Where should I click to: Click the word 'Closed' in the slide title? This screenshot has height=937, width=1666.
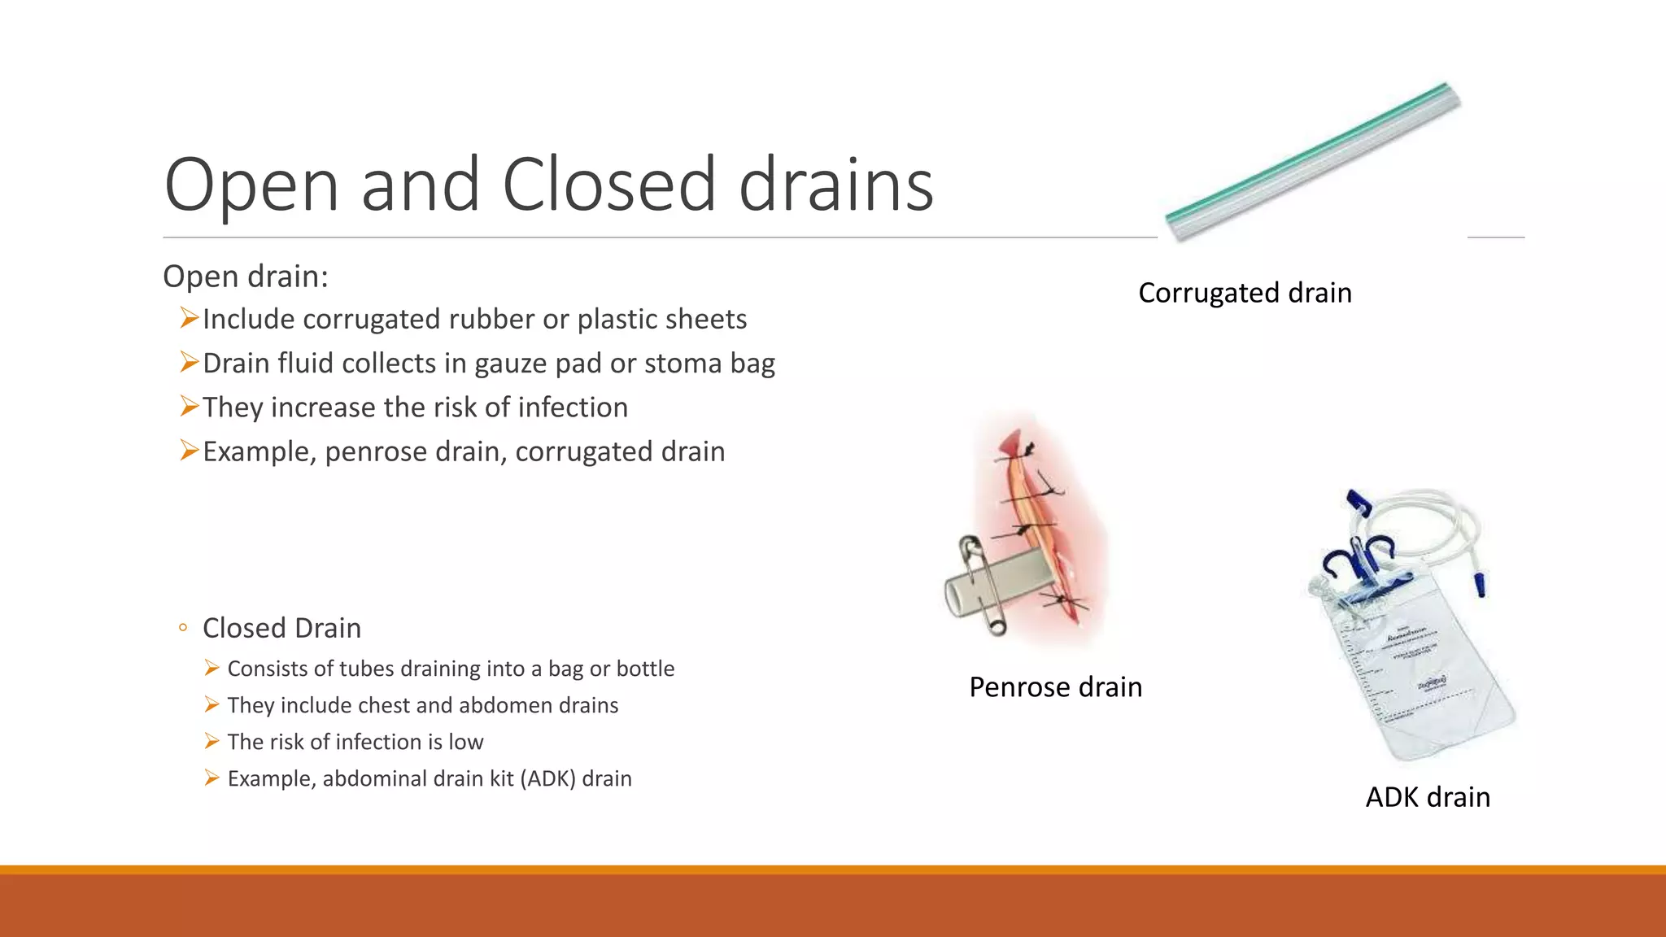(x=608, y=185)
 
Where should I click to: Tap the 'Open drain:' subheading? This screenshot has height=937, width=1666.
(x=246, y=277)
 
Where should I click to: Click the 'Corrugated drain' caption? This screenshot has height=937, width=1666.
(x=1245, y=293)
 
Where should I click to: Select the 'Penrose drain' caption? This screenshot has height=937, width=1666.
(x=1055, y=687)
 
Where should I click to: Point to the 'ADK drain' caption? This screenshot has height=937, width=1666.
(x=1428, y=797)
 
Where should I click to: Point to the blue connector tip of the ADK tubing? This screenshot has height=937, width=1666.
(x=1481, y=583)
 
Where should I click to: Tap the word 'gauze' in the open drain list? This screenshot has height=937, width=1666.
(x=510, y=364)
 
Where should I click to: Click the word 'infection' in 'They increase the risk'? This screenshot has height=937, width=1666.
(x=573, y=407)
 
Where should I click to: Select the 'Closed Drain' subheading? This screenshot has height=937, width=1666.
(x=281, y=628)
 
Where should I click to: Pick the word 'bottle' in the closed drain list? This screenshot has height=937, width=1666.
(x=645, y=669)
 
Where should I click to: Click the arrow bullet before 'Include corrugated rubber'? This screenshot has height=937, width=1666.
(x=189, y=318)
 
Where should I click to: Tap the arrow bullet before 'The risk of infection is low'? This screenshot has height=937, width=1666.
(x=212, y=742)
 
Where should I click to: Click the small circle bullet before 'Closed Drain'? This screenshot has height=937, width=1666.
(x=183, y=628)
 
